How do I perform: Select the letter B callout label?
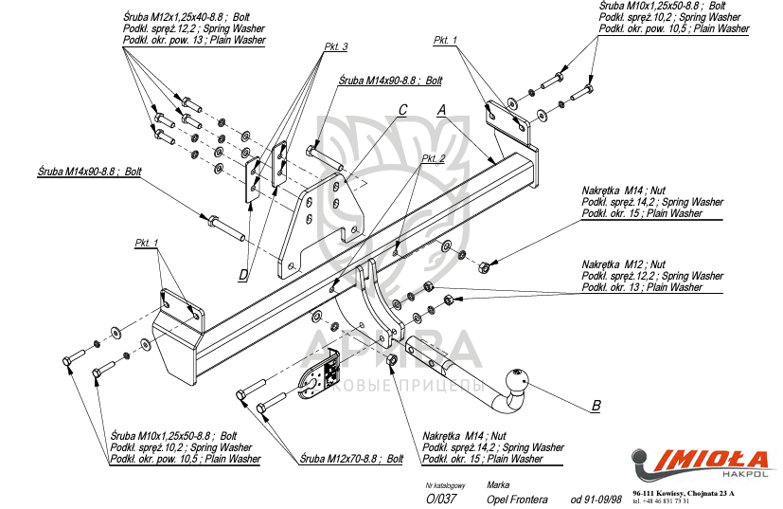coord(596,407)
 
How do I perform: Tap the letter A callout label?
coord(441,110)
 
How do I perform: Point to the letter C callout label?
coord(402,110)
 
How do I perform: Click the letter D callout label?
coord(243,276)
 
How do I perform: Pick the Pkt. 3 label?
coord(336,46)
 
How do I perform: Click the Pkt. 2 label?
coord(433,158)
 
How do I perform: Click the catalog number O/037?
coord(442,499)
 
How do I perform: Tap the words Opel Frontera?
coord(516,499)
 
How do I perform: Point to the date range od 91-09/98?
coord(596,499)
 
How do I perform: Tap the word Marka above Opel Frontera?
coord(497,484)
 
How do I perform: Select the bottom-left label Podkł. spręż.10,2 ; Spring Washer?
coord(181,447)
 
